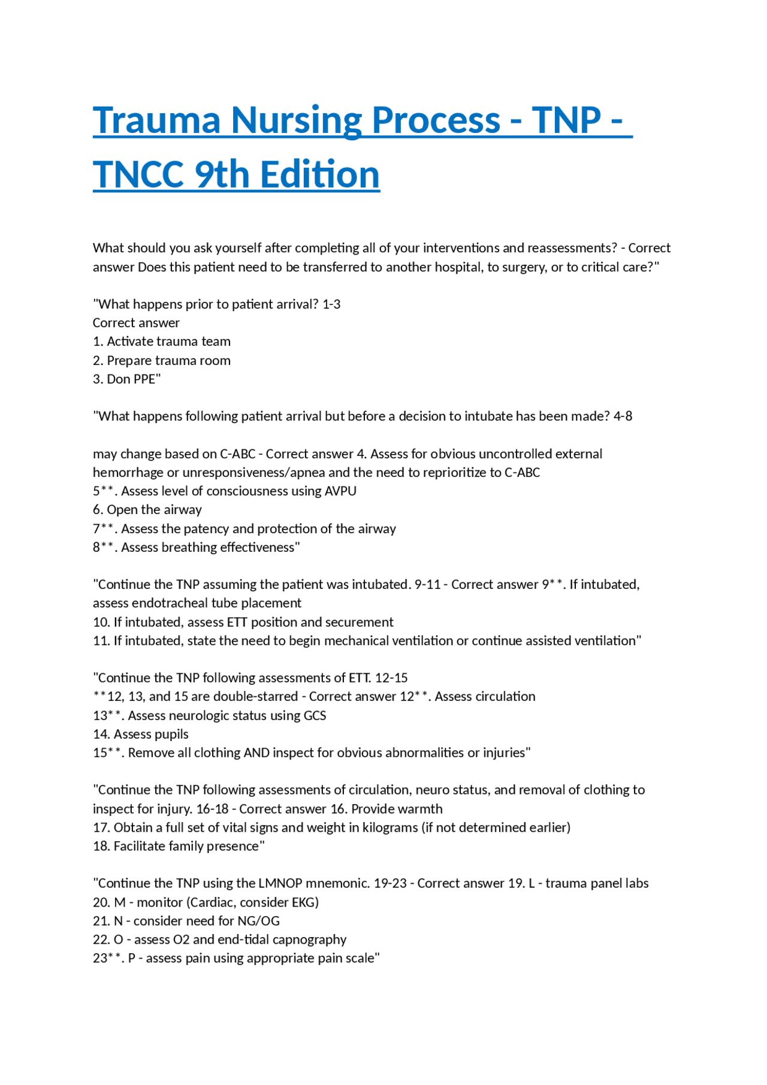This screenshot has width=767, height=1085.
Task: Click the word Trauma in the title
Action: coord(157,120)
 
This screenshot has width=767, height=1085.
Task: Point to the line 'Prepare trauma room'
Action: coord(162,361)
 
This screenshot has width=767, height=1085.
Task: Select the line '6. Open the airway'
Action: coord(147,510)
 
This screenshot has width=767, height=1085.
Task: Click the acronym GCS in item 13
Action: coord(315,715)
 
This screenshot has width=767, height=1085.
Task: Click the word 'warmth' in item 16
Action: coord(421,809)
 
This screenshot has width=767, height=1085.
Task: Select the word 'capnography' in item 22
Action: coord(312,940)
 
